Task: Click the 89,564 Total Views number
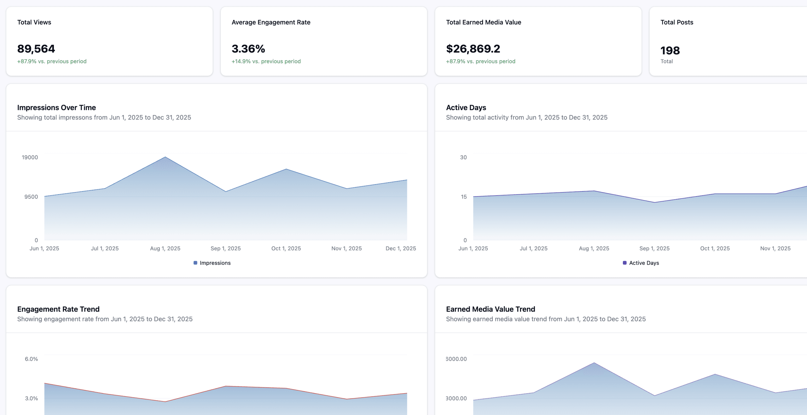coord(36,49)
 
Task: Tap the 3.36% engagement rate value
coord(248,49)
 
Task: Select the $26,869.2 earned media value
coord(473,49)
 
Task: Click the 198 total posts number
coord(670,50)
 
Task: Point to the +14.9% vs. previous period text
coord(266,61)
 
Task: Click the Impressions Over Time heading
coord(56,108)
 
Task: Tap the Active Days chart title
coord(466,108)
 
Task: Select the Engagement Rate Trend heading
coord(58,309)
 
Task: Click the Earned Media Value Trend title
coord(491,309)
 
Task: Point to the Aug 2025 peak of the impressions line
coord(165,157)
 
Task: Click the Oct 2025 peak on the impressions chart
coord(286,169)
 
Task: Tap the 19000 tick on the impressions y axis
coord(30,157)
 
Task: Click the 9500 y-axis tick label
coord(31,197)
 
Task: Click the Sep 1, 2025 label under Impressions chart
coord(225,248)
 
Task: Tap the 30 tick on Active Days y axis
coord(463,157)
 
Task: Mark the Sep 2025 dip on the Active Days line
coord(655,202)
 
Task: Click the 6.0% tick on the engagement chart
coord(31,359)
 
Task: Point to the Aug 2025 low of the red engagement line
coord(165,401)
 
